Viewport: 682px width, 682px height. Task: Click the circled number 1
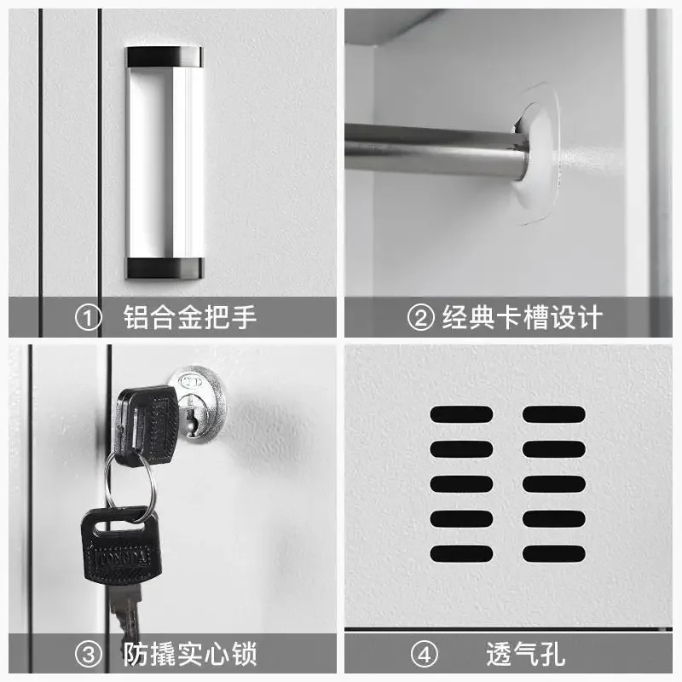pyautogui.click(x=89, y=319)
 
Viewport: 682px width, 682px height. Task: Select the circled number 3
pyautogui.click(x=89, y=655)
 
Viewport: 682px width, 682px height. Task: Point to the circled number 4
pyautogui.click(x=424, y=655)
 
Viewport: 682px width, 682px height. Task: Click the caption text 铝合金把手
pyautogui.click(x=190, y=319)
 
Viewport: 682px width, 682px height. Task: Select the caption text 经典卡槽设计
pyautogui.click(x=522, y=319)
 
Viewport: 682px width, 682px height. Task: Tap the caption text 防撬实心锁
pyautogui.click(x=190, y=655)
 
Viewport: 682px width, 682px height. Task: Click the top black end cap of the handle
pyautogui.click(x=165, y=57)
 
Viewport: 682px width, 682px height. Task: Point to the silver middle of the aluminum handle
pyautogui.click(x=165, y=162)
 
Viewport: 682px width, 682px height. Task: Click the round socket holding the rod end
pyautogui.click(x=533, y=153)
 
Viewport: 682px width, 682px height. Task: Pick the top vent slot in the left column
pyautogui.click(x=461, y=414)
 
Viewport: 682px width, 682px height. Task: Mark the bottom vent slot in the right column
pyautogui.click(x=553, y=553)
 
